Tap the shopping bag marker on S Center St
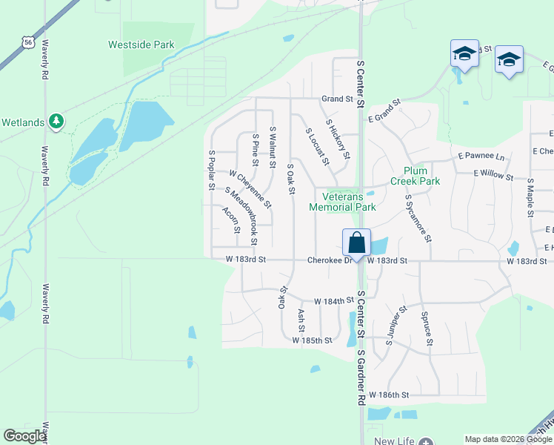(x=356, y=243)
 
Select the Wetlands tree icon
(x=56, y=121)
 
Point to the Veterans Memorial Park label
(x=349, y=202)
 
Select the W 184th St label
(x=330, y=301)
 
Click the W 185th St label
(x=312, y=340)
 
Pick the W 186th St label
(x=389, y=395)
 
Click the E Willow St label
(x=493, y=177)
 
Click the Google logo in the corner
(x=24, y=436)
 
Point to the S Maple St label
(x=530, y=198)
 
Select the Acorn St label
(x=230, y=220)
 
